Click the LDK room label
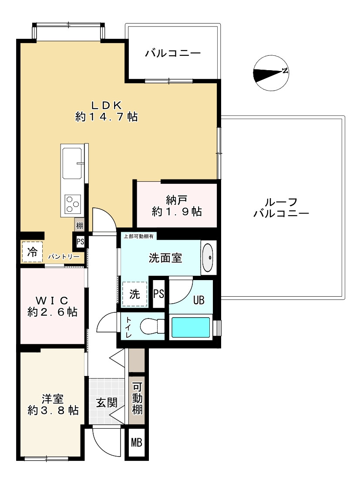tap(107, 111)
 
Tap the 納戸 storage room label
tap(176, 206)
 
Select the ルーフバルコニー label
tap(281, 208)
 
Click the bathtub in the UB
tap(191, 327)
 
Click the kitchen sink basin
tap(72, 163)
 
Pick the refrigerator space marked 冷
tap(32, 252)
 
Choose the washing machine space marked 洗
tap(135, 294)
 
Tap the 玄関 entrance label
tap(106, 403)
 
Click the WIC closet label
tap(52, 306)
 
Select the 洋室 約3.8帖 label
tap(53, 405)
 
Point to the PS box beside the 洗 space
tap(159, 293)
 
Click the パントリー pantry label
tap(64, 257)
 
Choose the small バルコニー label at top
tap(173, 54)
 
